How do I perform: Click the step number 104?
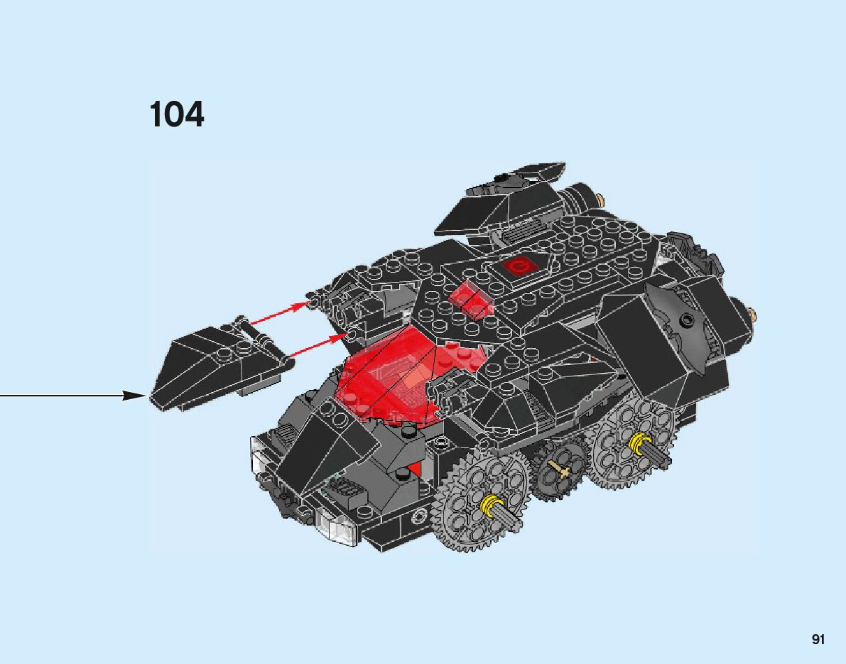[x=177, y=115]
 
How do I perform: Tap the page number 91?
[x=818, y=640]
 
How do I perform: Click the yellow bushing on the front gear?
[x=489, y=506]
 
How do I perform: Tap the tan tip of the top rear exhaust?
[x=603, y=201]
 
